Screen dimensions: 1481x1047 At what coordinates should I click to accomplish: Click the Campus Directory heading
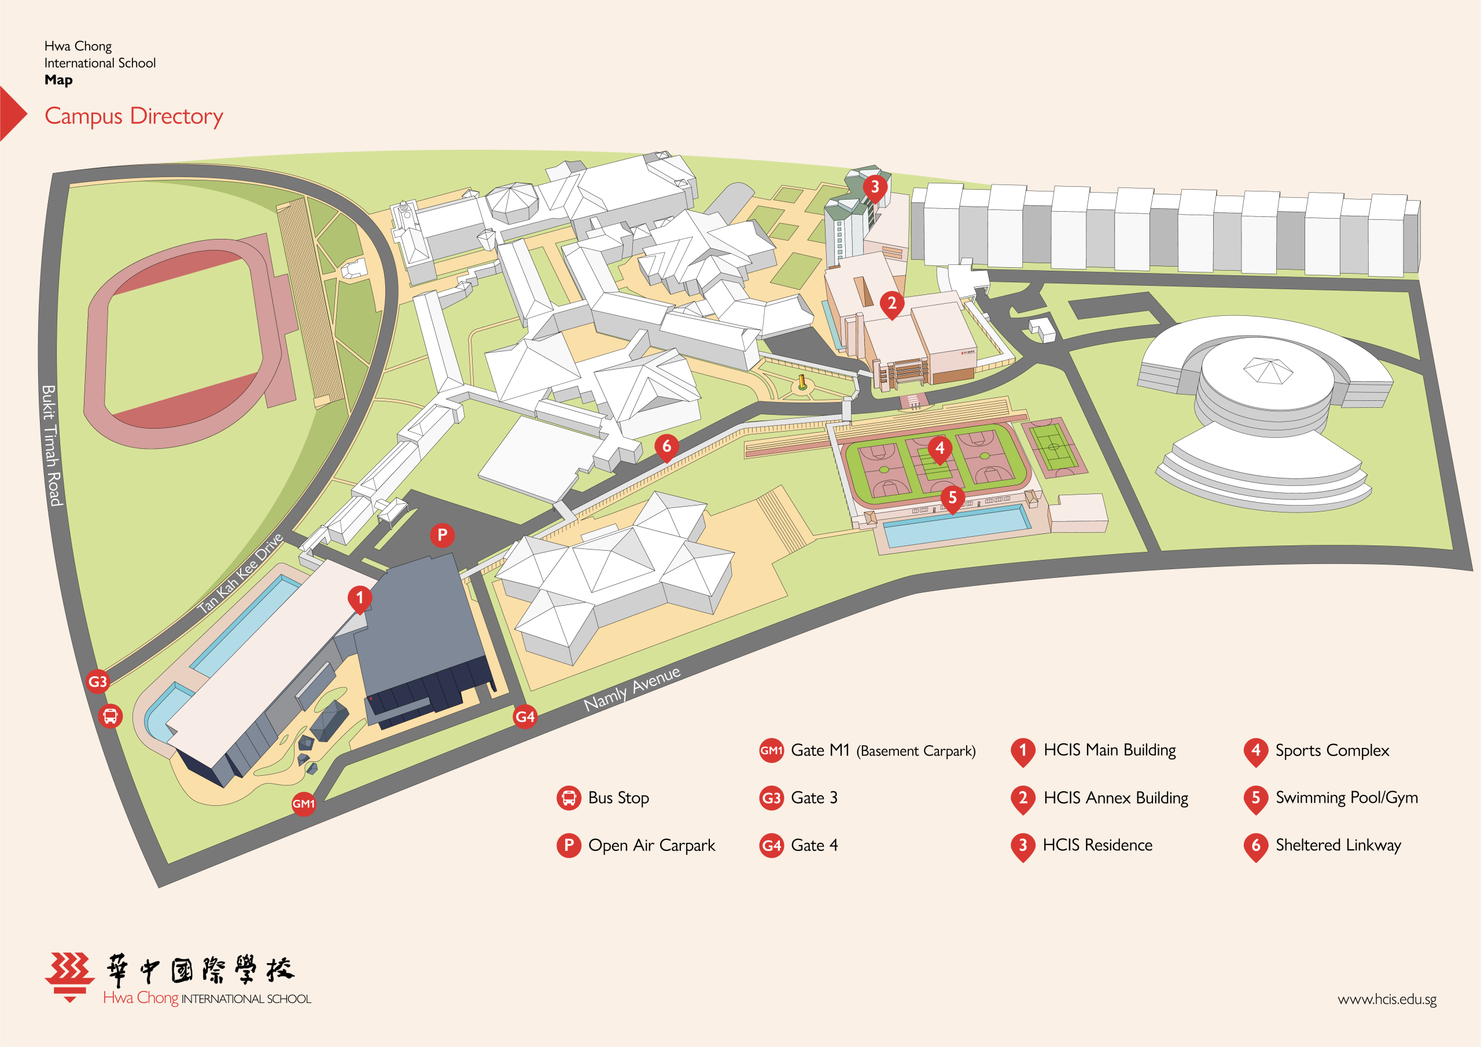[x=134, y=116]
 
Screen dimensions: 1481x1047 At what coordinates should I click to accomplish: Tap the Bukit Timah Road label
[x=51, y=445]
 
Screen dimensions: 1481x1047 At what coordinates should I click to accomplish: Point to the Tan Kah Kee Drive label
[x=240, y=573]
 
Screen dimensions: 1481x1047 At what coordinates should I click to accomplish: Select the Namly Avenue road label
[x=632, y=689]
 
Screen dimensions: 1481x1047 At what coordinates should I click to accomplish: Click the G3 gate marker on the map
[x=97, y=681]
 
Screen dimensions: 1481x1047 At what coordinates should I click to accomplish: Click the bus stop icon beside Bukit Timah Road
[x=110, y=716]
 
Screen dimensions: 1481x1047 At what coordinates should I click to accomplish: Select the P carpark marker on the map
[x=442, y=535]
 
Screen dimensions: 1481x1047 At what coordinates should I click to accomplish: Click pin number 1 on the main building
[x=360, y=599]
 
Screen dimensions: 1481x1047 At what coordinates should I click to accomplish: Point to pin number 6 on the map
[x=667, y=447]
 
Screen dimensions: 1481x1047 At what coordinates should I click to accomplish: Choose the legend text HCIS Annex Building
[x=1116, y=798]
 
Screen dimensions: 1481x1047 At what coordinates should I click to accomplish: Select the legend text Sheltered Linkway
[x=1339, y=845]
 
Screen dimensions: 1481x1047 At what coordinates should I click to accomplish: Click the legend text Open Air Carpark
[x=651, y=846]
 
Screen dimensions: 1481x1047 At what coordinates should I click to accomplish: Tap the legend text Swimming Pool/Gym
[x=1347, y=798]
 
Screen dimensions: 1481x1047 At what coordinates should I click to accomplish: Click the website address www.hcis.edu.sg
[x=1387, y=999]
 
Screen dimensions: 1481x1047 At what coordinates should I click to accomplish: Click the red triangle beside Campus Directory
[x=12, y=113]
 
